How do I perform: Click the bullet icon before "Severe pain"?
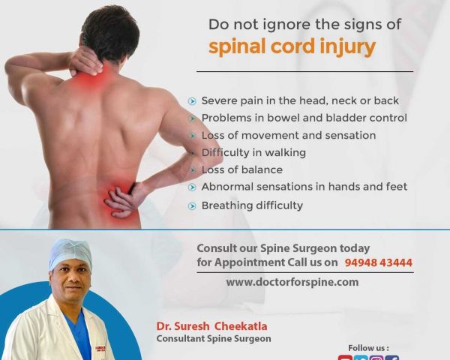pos(192,101)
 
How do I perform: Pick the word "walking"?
pos(285,152)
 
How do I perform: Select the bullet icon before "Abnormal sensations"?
pos(192,187)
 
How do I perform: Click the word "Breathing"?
pos(226,205)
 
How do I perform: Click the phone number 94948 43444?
pos(378,262)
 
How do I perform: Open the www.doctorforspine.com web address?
pos(292,282)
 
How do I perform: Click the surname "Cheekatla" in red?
pos(241,326)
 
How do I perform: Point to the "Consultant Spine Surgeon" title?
pos(214,339)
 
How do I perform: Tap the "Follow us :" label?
pos(368,348)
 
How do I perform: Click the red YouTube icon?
pos(345,358)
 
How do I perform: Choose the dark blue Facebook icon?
pos(392,358)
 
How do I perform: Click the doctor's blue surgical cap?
pos(70,253)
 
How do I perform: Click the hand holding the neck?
pos(85,60)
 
